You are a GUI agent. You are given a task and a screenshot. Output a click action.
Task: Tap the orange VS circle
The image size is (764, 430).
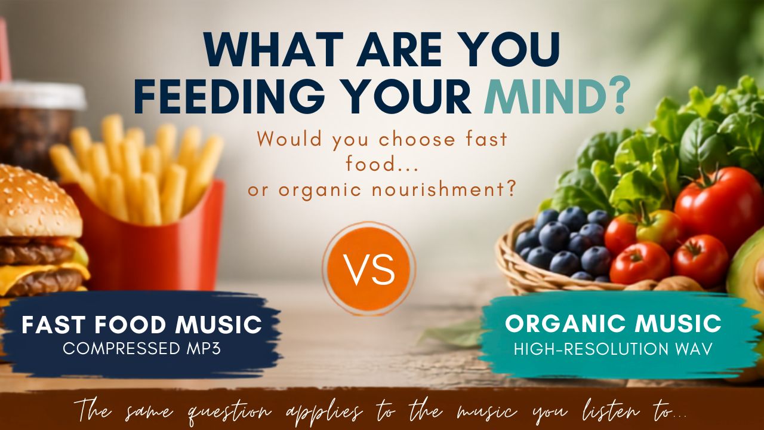pyautogui.click(x=369, y=269)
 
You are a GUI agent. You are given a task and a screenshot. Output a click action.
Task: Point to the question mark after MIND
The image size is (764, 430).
pyautogui.click(x=617, y=96)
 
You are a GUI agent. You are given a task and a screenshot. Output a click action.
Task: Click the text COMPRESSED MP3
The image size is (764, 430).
pyautogui.click(x=142, y=349)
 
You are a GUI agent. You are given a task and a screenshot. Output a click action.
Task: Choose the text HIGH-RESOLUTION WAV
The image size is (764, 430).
pyautogui.click(x=613, y=349)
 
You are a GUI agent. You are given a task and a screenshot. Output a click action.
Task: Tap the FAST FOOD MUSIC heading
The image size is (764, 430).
pyautogui.click(x=142, y=324)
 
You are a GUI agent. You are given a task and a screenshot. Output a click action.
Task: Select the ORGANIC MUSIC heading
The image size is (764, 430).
pyautogui.click(x=613, y=324)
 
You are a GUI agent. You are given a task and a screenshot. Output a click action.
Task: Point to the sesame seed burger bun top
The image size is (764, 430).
pyautogui.click(x=38, y=202)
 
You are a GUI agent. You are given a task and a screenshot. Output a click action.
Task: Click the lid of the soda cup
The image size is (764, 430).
pyautogui.click(x=41, y=94)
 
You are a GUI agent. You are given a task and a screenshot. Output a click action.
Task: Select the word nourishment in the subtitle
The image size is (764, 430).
pyautogui.click(x=443, y=190)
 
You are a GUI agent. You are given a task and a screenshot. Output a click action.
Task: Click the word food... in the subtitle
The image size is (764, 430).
pyautogui.click(x=382, y=164)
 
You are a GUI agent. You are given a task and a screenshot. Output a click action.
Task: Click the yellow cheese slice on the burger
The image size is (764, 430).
pyautogui.click(x=41, y=273)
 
